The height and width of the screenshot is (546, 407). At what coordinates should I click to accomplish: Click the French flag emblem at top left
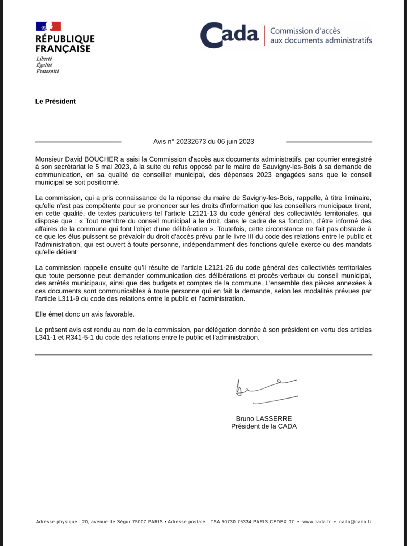click(x=48, y=26)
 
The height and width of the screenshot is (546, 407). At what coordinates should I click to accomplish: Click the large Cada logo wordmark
click(x=229, y=35)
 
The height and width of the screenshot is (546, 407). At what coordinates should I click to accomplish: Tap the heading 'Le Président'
click(x=55, y=102)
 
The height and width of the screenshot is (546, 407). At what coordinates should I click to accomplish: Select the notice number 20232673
click(x=191, y=142)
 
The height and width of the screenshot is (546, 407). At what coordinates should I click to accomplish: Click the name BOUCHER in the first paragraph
click(x=101, y=159)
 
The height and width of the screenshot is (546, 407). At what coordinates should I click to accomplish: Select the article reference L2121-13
click(x=203, y=214)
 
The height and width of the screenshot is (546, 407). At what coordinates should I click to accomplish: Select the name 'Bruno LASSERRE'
click(x=264, y=418)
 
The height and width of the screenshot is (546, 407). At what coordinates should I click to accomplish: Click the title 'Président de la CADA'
click(x=264, y=426)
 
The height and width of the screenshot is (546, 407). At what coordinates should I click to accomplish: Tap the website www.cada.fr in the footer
click(x=317, y=522)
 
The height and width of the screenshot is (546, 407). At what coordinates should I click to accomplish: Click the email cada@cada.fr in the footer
click(x=355, y=522)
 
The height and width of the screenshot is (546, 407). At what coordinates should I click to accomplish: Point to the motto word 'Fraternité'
click(x=47, y=72)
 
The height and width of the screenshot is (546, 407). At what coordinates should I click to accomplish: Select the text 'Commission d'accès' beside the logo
click(x=305, y=31)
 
